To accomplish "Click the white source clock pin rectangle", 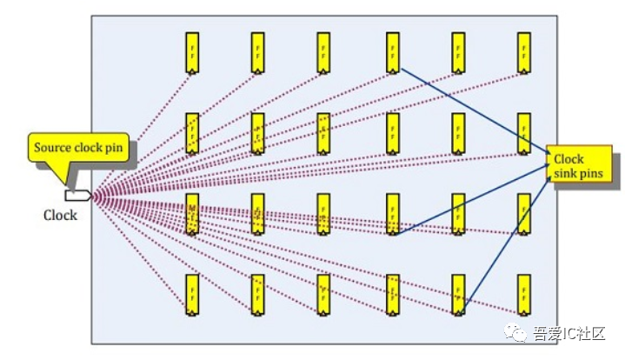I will tap(77, 196).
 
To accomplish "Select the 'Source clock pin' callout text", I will tap(80, 148).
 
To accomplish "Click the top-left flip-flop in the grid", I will tap(191, 52).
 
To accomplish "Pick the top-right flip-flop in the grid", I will tap(523, 52).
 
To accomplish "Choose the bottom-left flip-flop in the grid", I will tap(191, 294).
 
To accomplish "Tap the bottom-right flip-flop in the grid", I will tap(523, 294).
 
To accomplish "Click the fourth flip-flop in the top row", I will tap(392, 52).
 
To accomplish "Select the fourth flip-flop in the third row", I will tap(392, 214).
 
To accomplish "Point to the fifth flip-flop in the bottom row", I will tap(458, 294).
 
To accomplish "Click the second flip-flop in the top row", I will tap(258, 52).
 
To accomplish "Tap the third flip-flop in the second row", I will tap(323, 133).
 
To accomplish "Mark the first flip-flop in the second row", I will tap(191, 133).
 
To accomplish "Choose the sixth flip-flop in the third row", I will tap(523, 214).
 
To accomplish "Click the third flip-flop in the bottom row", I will tap(323, 294).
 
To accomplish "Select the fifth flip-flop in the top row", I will tap(458, 52).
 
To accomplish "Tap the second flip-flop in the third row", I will tap(258, 214).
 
